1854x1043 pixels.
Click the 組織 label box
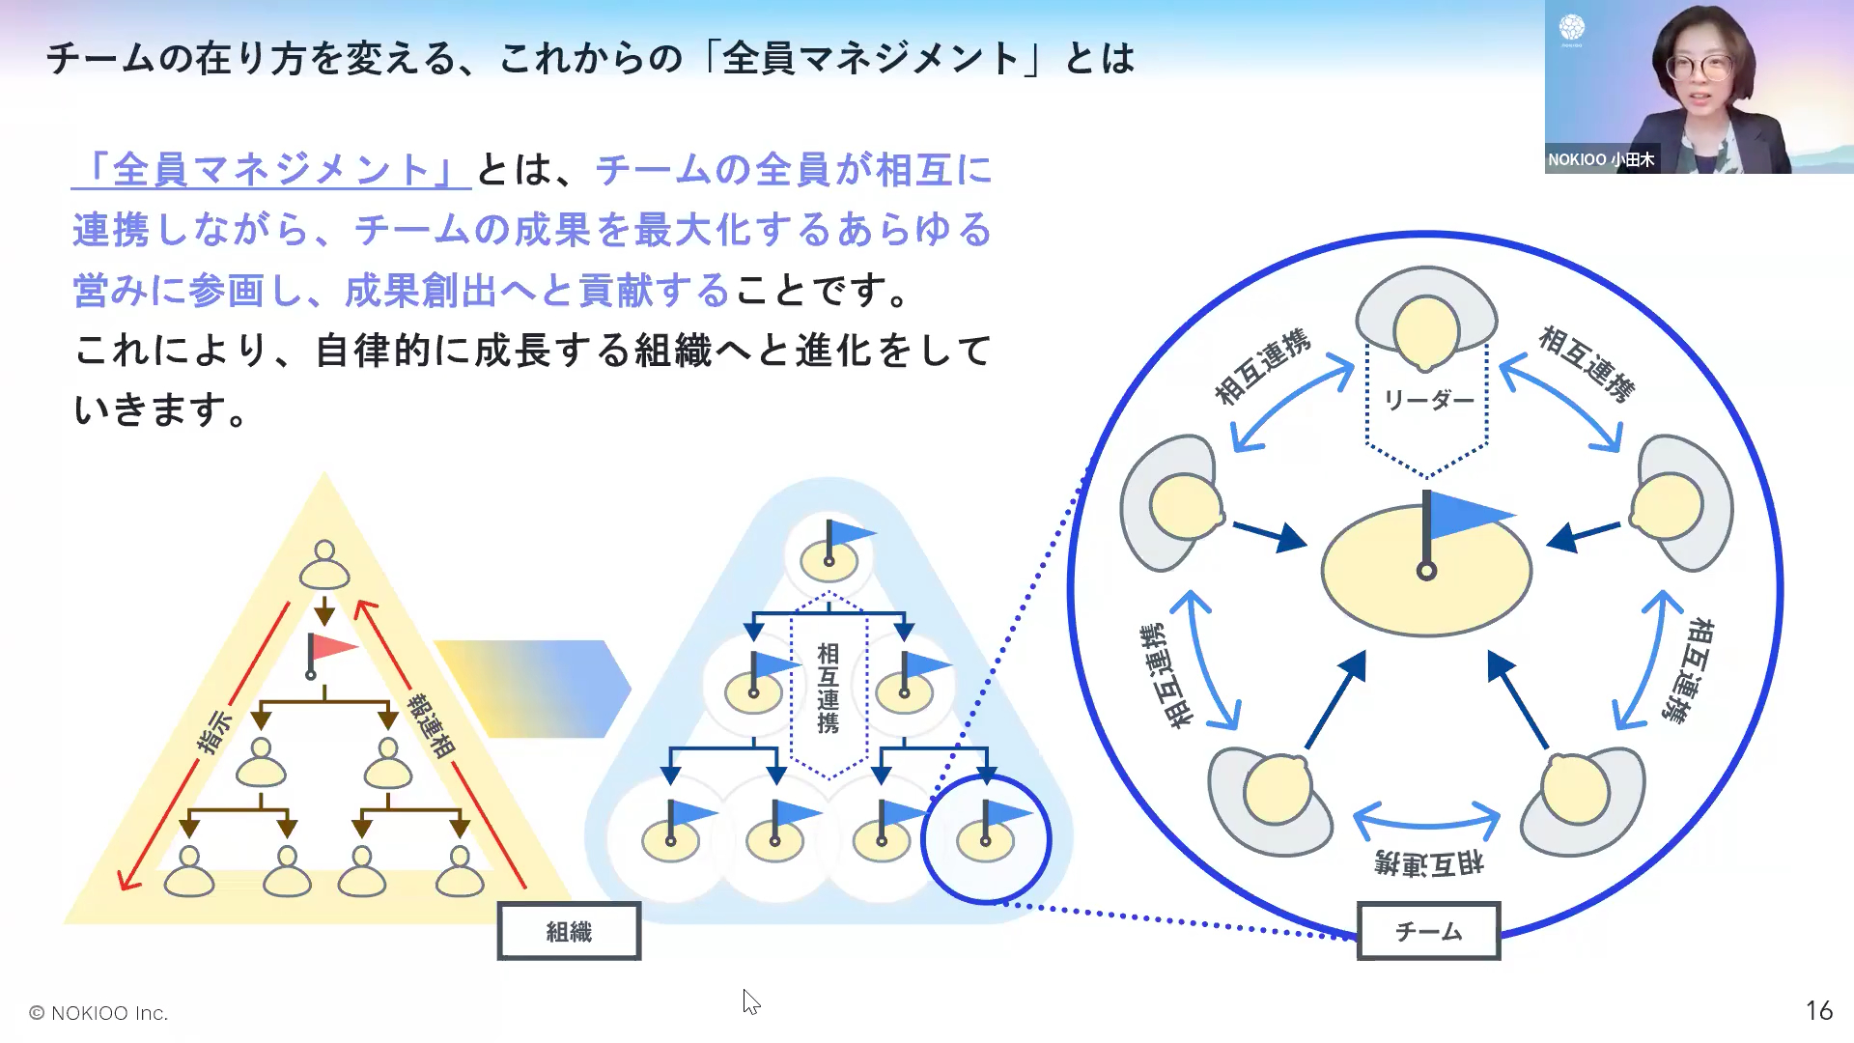[569, 931]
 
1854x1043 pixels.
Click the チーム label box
[1428, 931]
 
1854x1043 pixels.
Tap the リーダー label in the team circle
[1428, 400]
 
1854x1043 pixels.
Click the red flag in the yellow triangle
[329, 649]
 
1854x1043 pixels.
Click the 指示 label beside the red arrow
[214, 730]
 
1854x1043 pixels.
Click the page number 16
[1818, 1010]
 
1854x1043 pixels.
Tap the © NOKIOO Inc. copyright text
[98, 1013]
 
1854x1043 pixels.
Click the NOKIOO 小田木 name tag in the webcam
[1601, 159]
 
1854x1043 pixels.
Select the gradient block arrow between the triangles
[531, 689]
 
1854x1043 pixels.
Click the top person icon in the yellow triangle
[324, 565]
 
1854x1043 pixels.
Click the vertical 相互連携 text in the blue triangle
[829, 688]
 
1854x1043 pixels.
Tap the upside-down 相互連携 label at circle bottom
[1428, 863]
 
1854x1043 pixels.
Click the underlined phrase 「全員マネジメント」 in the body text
[270, 170]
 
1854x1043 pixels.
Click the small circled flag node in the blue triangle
[986, 838]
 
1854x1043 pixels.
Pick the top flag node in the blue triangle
[829, 553]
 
